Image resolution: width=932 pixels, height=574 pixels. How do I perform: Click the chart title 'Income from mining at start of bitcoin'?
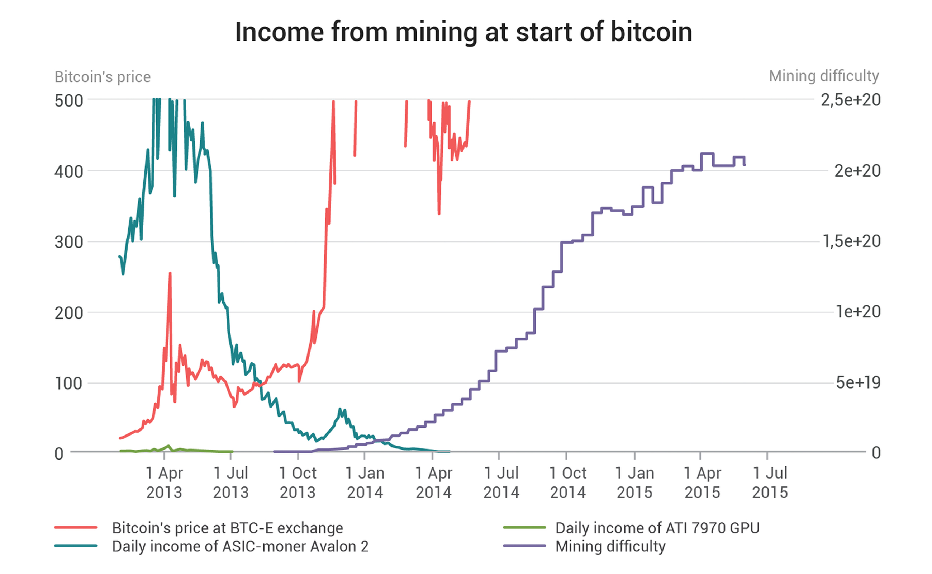click(463, 32)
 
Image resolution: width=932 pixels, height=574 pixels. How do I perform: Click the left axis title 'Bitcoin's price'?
click(103, 77)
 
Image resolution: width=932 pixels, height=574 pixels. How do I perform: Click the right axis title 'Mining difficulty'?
click(823, 76)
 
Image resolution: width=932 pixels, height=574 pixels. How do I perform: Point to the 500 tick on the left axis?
click(69, 101)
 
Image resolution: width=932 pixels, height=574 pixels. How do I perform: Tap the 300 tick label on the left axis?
click(69, 242)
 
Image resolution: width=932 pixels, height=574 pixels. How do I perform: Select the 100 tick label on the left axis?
click(69, 384)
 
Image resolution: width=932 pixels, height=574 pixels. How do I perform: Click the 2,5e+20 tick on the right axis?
click(850, 100)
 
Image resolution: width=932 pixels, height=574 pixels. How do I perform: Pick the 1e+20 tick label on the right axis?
click(858, 312)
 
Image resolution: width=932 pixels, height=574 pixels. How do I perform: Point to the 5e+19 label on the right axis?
click(858, 383)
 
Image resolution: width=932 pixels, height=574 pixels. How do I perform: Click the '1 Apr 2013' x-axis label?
click(164, 483)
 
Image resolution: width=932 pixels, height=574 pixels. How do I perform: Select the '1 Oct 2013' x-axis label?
click(298, 483)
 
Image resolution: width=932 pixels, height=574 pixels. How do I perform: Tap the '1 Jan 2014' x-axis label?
click(365, 483)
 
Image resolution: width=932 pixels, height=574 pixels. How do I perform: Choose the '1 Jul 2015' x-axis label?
click(770, 483)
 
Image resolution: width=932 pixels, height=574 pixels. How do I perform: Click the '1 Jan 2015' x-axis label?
click(634, 483)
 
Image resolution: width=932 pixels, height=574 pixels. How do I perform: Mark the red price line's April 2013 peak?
click(170, 273)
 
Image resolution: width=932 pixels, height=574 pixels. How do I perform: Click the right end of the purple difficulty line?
click(745, 165)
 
